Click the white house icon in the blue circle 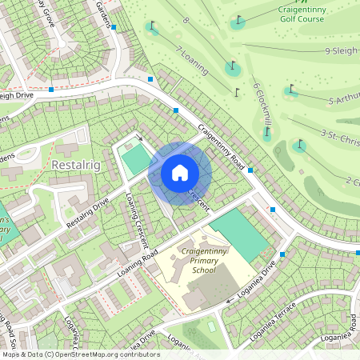180,173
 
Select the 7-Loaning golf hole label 192,59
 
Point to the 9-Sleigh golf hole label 342,50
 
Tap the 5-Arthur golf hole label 342,100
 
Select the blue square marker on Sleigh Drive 51,90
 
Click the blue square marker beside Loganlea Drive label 282,254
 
